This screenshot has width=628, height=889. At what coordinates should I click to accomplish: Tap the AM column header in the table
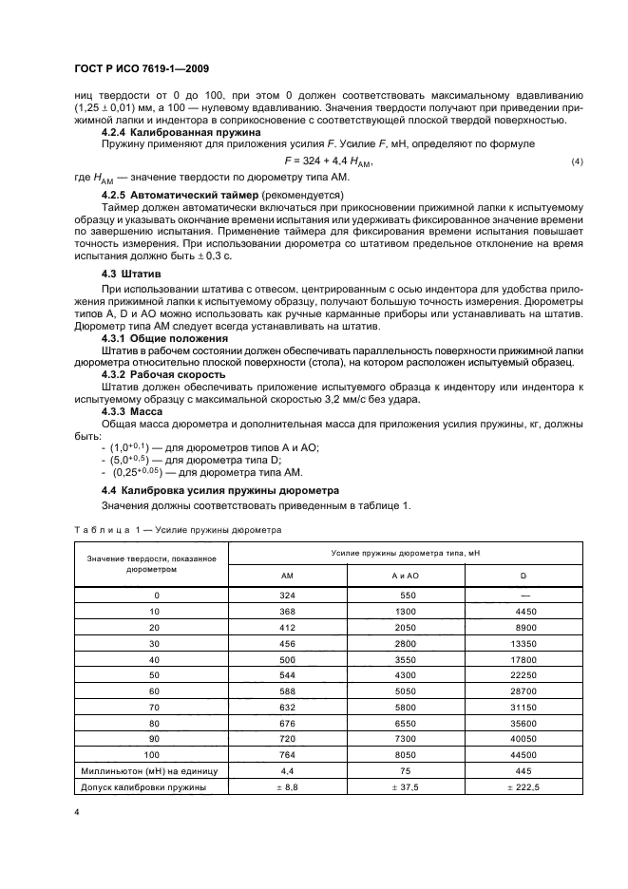coord(287,576)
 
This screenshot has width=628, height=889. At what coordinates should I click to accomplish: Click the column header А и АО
coord(407,576)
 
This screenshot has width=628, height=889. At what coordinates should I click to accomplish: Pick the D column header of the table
coord(523,576)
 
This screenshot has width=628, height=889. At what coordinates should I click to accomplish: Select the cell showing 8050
coord(407,753)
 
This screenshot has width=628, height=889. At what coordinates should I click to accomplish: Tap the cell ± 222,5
coord(523,786)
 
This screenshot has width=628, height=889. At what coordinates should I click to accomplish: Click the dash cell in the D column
coord(523,594)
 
